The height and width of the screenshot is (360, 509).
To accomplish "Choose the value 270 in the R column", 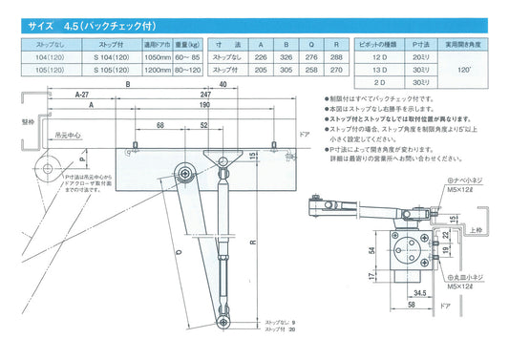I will point(334,70).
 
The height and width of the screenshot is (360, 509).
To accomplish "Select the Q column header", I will point(310,44).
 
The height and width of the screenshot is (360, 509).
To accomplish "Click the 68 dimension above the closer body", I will point(163,125).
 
